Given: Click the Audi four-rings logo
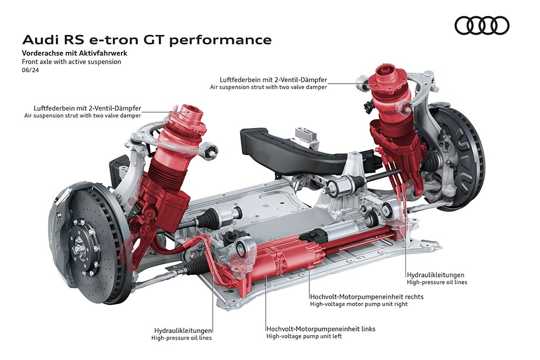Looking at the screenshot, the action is point(482,25).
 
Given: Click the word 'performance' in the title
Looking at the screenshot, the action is point(220,40).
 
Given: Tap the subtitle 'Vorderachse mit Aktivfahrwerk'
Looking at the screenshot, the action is point(75,53).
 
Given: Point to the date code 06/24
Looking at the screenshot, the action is point(31,70).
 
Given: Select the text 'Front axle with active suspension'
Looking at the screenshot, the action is point(72,62).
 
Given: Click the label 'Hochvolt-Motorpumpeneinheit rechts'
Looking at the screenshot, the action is point(367,297).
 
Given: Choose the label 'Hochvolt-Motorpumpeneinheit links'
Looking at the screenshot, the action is point(321,329).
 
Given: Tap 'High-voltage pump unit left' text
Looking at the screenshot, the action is point(304,336).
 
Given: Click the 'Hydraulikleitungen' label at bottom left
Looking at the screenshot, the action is point(183,331).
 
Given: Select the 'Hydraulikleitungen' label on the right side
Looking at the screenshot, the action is point(436,275).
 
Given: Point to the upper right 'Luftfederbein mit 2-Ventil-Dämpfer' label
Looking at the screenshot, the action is point(273,80).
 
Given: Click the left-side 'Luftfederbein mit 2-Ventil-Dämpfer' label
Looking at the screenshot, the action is point(87,108).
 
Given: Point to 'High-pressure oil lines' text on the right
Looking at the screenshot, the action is point(437,282).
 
